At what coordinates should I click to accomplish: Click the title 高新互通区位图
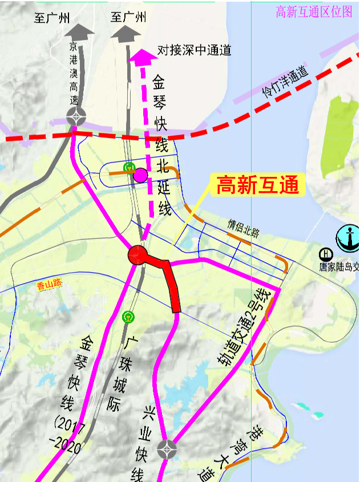pos(314,12)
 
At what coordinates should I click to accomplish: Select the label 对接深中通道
pos(195,50)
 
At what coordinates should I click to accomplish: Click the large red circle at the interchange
pos(137,255)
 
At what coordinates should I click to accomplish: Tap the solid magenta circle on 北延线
pos(140,175)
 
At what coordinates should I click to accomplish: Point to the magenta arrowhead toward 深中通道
pos(141,55)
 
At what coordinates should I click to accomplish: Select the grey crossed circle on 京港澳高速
pos(76,116)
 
